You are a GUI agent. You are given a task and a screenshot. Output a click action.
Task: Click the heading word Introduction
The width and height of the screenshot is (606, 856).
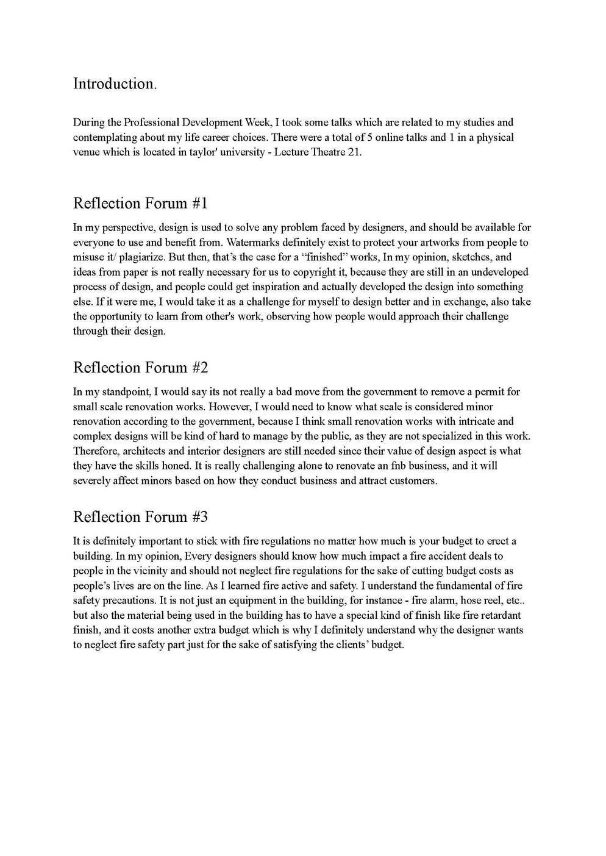pyautogui.click(x=115, y=84)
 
